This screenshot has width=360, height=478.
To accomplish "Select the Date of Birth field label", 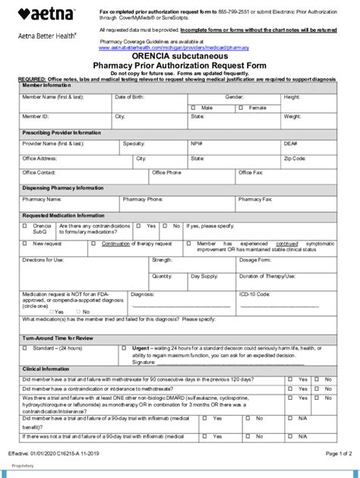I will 131,98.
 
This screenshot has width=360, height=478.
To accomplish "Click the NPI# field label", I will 196,143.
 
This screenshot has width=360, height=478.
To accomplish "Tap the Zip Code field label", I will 295,159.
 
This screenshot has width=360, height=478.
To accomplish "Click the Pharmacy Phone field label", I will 144,200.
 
